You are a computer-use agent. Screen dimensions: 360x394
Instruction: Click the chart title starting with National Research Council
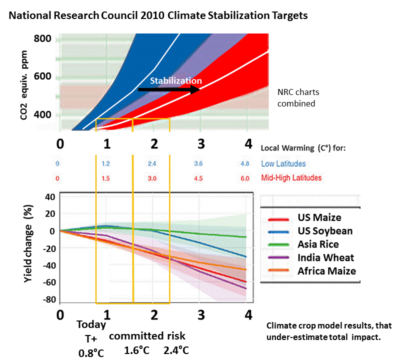point(157,15)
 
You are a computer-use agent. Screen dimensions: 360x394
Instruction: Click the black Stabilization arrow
point(168,89)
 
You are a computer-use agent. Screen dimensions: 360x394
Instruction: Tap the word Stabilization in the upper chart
point(176,80)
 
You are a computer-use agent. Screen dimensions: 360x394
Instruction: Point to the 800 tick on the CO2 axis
point(43,39)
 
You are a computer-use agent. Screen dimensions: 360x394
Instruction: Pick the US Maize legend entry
point(302,217)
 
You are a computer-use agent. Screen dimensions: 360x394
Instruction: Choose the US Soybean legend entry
point(306,231)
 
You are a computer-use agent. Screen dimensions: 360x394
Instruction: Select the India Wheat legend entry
point(306,258)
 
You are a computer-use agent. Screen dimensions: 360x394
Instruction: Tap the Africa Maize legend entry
point(307,271)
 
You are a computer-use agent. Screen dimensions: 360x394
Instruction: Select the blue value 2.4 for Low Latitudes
point(153,164)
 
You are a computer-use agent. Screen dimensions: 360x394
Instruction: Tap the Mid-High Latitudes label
point(291,178)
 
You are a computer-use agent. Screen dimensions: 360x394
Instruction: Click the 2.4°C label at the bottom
point(176,349)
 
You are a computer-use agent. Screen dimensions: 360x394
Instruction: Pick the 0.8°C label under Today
point(91,352)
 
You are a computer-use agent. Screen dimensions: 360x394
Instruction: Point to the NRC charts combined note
point(298,98)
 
